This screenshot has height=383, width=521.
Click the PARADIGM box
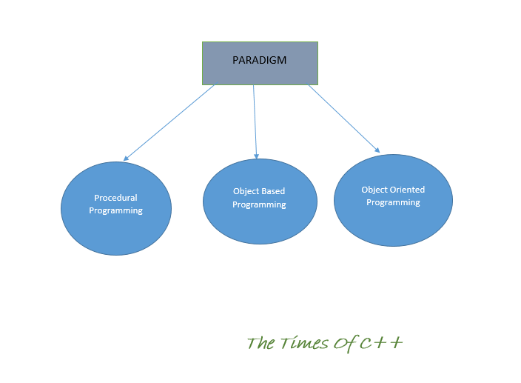[260, 72]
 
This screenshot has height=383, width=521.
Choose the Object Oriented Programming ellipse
[393, 219]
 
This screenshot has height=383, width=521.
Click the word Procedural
[115, 198]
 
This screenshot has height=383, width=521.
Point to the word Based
[272, 192]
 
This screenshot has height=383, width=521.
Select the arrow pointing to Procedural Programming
[170, 121]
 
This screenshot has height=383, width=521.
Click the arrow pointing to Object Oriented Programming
[343, 119]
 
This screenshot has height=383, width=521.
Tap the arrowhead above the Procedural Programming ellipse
[127, 158]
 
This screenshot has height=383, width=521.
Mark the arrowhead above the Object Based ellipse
[257, 155]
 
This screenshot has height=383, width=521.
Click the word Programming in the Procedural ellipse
[115, 210]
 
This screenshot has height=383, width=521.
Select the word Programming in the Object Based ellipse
[259, 204]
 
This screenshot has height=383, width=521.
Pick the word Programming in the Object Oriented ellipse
[393, 202]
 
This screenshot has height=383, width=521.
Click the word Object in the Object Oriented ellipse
[374, 190]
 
